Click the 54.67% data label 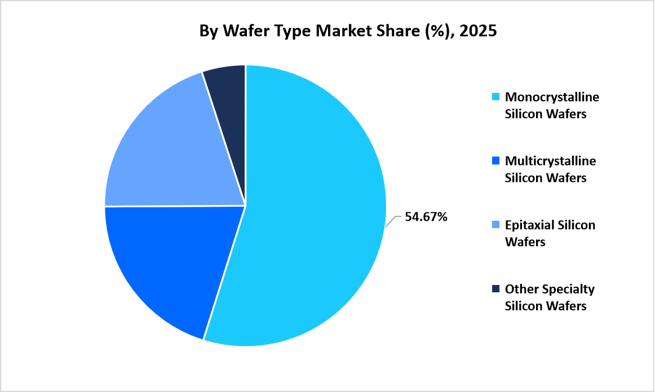[x=426, y=217]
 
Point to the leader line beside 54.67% [x=394, y=220]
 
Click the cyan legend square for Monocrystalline [x=495, y=97]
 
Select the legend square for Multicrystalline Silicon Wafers [x=495, y=161]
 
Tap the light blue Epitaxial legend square [x=495, y=225]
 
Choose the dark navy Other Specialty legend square [x=495, y=289]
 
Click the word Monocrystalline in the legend [x=552, y=97]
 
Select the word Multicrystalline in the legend [x=550, y=161]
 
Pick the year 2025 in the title [x=478, y=31]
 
